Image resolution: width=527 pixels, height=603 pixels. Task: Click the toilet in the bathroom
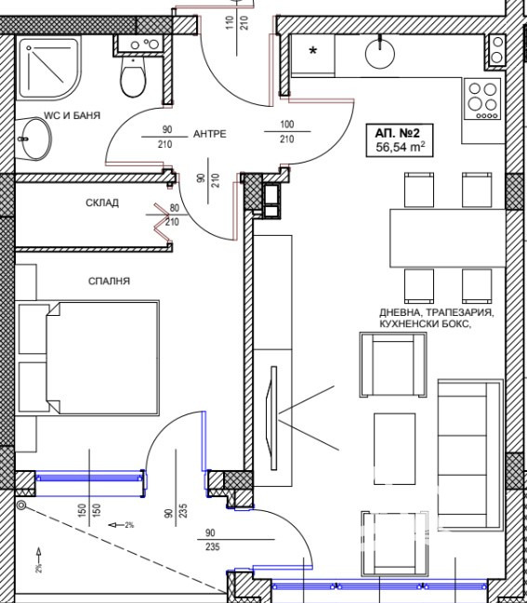tap(133, 75)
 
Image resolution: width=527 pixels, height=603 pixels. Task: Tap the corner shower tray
tap(49, 68)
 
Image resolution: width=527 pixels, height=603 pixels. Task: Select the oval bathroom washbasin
tap(34, 138)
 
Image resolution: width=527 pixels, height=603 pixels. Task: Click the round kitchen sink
tap(380, 53)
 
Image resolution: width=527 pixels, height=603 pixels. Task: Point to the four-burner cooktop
tap(482, 98)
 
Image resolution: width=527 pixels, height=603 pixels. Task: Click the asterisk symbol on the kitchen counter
tap(313, 51)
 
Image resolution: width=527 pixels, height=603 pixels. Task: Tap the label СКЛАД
tap(102, 203)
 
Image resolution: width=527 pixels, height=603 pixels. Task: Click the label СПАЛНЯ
tap(110, 282)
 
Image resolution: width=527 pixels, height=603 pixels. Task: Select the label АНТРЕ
tap(210, 134)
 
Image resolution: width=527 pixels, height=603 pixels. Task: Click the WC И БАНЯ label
tap(72, 115)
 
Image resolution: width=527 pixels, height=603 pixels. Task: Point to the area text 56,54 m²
tap(400, 147)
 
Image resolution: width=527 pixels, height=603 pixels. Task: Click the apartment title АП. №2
tap(398, 133)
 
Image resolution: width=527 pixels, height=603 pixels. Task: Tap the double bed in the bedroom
tap(89, 358)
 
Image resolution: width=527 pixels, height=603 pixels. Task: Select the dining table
tap(447, 238)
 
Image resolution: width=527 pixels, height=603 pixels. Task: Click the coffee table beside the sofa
tap(395, 449)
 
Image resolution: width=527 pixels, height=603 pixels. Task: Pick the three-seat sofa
tap(470, 455)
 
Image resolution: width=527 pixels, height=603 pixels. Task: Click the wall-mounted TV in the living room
tap(271, 417)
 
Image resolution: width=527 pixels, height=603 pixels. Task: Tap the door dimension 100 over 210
tap(287, 132)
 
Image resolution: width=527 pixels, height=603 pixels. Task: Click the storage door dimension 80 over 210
tap(173, 215)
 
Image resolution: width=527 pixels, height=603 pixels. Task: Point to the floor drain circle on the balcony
tap(21, 505)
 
